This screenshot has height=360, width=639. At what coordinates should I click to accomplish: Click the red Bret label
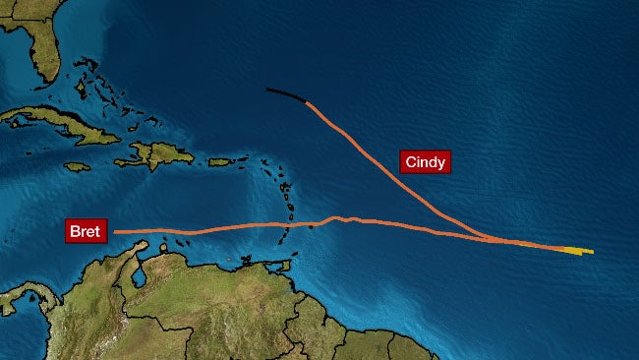[86, 232]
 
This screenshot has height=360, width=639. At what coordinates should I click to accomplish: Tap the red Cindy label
[425, 161]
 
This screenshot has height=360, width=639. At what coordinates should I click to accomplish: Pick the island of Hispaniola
[157, 153]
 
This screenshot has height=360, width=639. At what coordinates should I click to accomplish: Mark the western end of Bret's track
[115, 232]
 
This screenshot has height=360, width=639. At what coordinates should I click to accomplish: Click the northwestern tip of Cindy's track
[268, 90]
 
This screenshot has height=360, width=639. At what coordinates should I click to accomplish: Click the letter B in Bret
[74, 232]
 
